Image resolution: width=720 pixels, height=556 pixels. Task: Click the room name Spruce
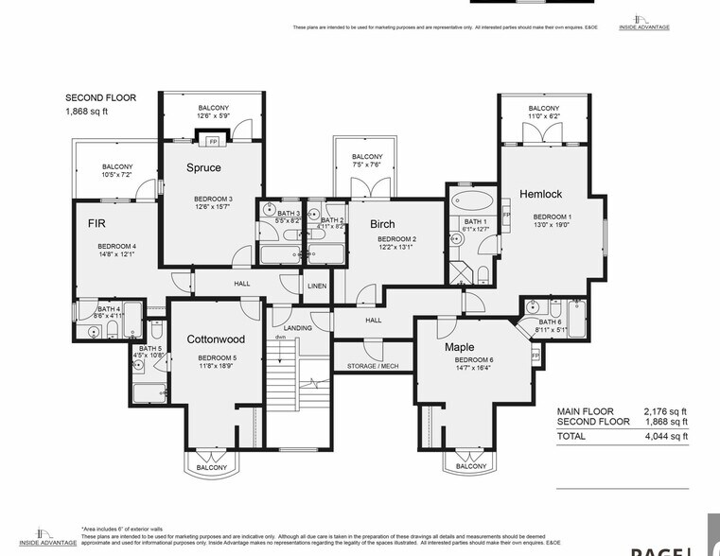pos(202,167)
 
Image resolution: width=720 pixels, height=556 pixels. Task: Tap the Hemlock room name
pos(540,194)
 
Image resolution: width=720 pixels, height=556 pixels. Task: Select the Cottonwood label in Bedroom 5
pos(216,339)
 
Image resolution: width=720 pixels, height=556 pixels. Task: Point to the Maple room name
pos(459,347)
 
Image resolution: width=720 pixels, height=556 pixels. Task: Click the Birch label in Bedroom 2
pos(382,224)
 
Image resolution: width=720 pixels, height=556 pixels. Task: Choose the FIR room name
pos(97,224)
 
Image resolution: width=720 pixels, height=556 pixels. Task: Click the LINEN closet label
pos(316,286)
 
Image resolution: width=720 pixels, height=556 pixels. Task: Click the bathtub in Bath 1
pos(469,200)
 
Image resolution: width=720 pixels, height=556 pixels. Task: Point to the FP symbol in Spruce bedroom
pos(213,143)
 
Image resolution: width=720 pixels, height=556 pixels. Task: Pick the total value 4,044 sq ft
pos(667,437)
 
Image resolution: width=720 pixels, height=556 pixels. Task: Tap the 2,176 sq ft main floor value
pos(667,411)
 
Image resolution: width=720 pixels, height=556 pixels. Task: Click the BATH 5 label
pos(150,349)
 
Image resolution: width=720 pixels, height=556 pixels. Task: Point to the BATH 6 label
pos(550,321)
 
